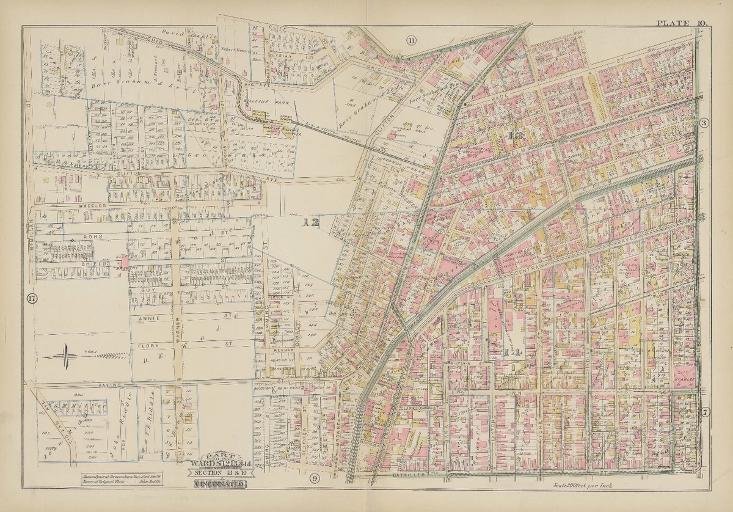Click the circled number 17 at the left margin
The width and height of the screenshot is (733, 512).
(31, 299)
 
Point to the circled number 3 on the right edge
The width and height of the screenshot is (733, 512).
(704, 122)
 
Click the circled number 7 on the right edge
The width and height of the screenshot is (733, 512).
(705, 412)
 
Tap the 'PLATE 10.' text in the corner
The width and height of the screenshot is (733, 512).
(682, 23)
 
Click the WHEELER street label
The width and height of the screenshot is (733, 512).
(92, 207)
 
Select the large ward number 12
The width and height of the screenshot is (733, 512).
(312, 223)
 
